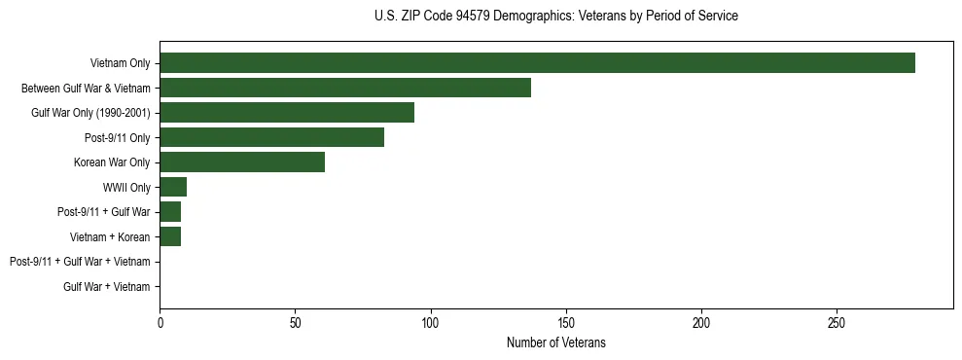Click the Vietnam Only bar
[x=537, y=63]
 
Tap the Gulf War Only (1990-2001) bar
[x=287, y=113]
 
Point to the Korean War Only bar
[x=242, y=162]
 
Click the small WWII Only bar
[x=173, y=187]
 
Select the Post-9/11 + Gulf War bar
[x=170, y=212]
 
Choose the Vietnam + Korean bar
[x=170, y=236]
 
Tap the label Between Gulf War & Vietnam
[x=86, y=89]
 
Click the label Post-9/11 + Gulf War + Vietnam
[x=80, y=262]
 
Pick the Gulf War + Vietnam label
[x=107, y=286]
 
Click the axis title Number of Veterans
[x=555, y=342]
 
